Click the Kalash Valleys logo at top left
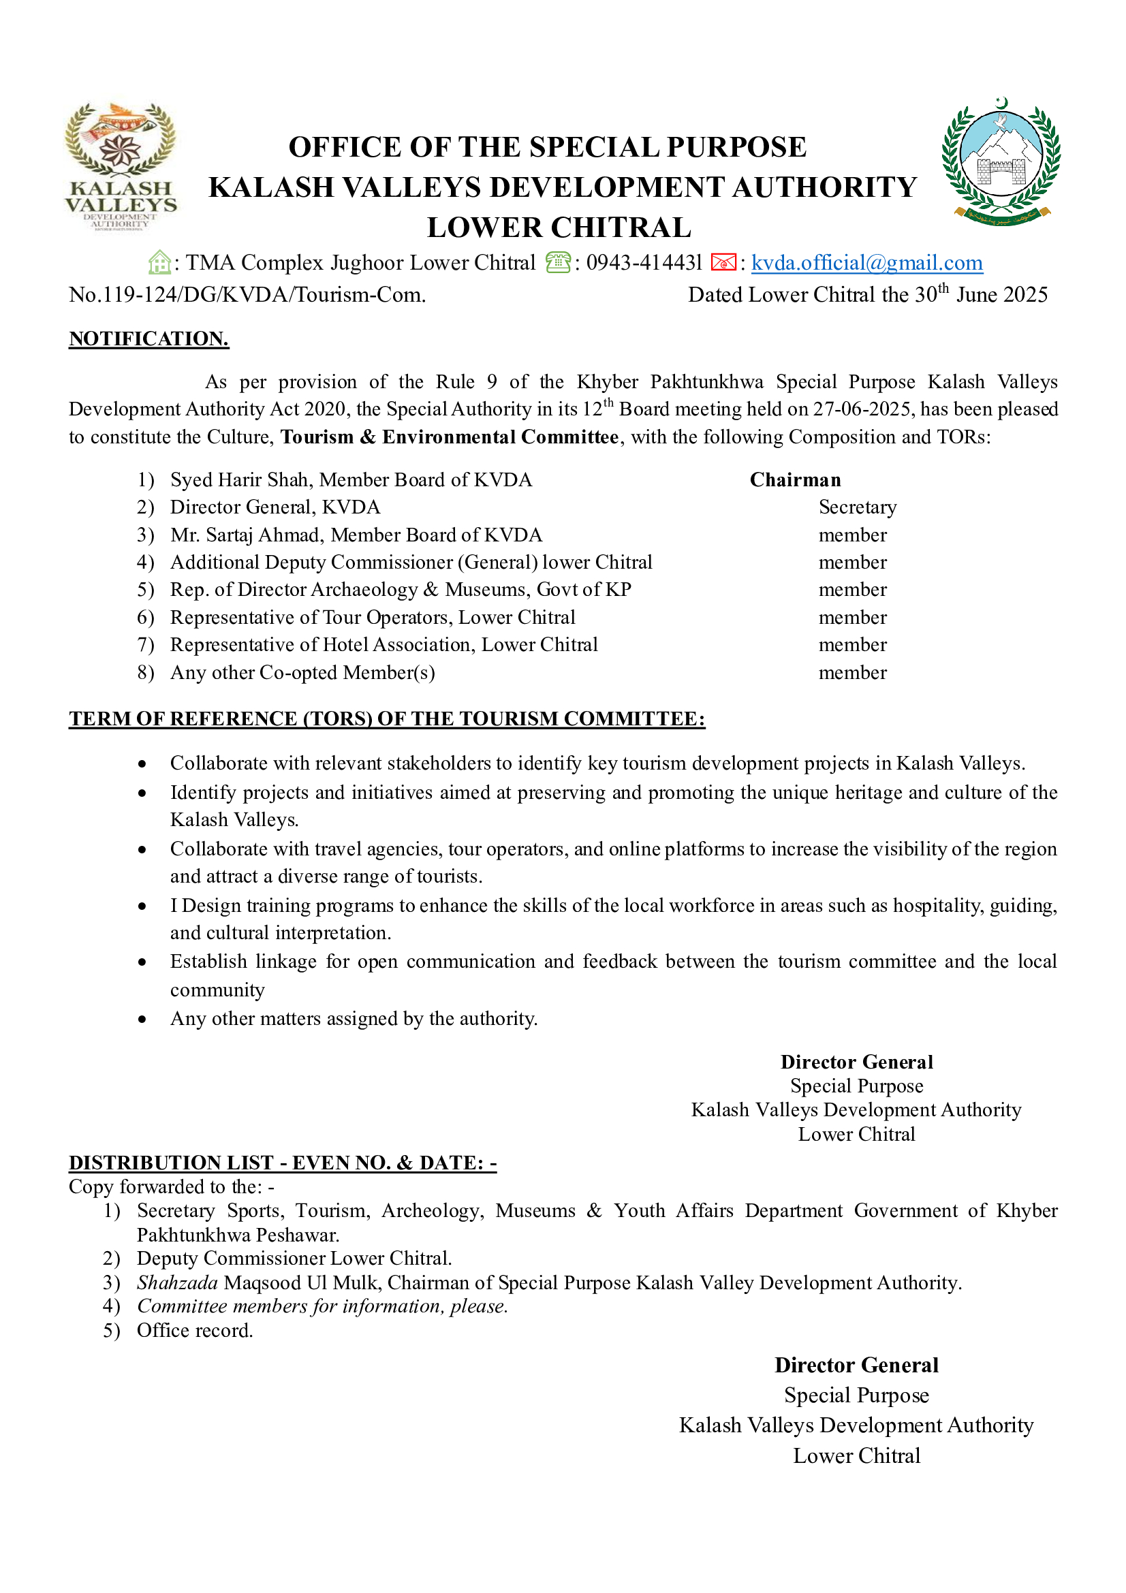click(x=121, y=166)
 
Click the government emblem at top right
click(x=1001, y=161)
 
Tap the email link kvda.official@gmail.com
click(x=866, y=263)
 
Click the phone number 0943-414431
click(x=644, y=263)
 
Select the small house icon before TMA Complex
click(x=159, y=263)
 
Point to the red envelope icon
click(x=723, y=263)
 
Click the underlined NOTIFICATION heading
click(x=148, y=338)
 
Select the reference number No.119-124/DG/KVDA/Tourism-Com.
click(x=247, y=295)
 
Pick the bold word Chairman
click(x=795, y=480)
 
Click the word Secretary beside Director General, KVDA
click(x=858, y=507)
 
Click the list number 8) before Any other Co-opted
click(x=145, y=673)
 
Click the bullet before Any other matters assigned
click(x=142, y=1020)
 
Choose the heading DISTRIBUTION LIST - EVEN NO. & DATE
click(x=283, y=1163)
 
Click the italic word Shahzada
click(x=177, y=1283)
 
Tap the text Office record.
click(x=194, y=1331)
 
